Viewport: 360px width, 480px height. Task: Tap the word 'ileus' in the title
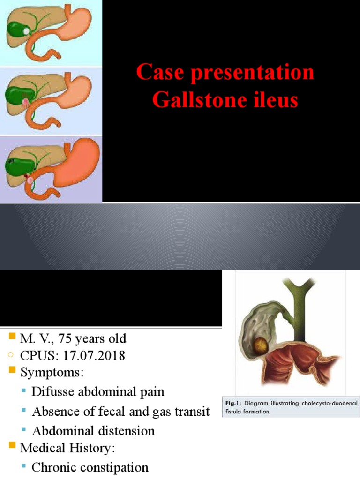pos(274,100)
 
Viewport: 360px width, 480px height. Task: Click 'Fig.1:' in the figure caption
pos(232,403)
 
